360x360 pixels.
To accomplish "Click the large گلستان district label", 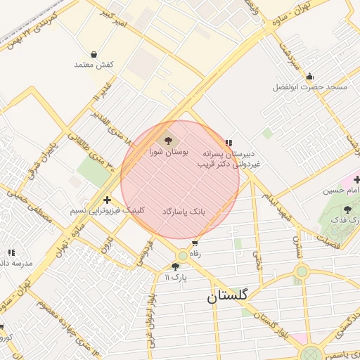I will pyautogui.click(x=227, y=297).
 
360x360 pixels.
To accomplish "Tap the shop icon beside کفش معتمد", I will pyautogui.click(x=94, y=54).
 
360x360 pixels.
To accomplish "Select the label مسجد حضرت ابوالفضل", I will pyautogui.click(x=310, y=88).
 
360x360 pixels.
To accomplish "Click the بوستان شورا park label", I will pyautogui.click(x=169, y=151).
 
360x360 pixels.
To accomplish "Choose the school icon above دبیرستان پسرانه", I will pyautogui.click(x=229, y=142).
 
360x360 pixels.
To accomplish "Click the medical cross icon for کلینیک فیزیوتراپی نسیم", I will pyautogui.click(x=107, y=200).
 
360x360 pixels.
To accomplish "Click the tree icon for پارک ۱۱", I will pyautogui.click(x=175, y=266).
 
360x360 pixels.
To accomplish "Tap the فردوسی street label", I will pyautogui.click(x=146, y=250).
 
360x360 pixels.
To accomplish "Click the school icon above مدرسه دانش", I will pyautogui.click(x=11, y=252).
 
